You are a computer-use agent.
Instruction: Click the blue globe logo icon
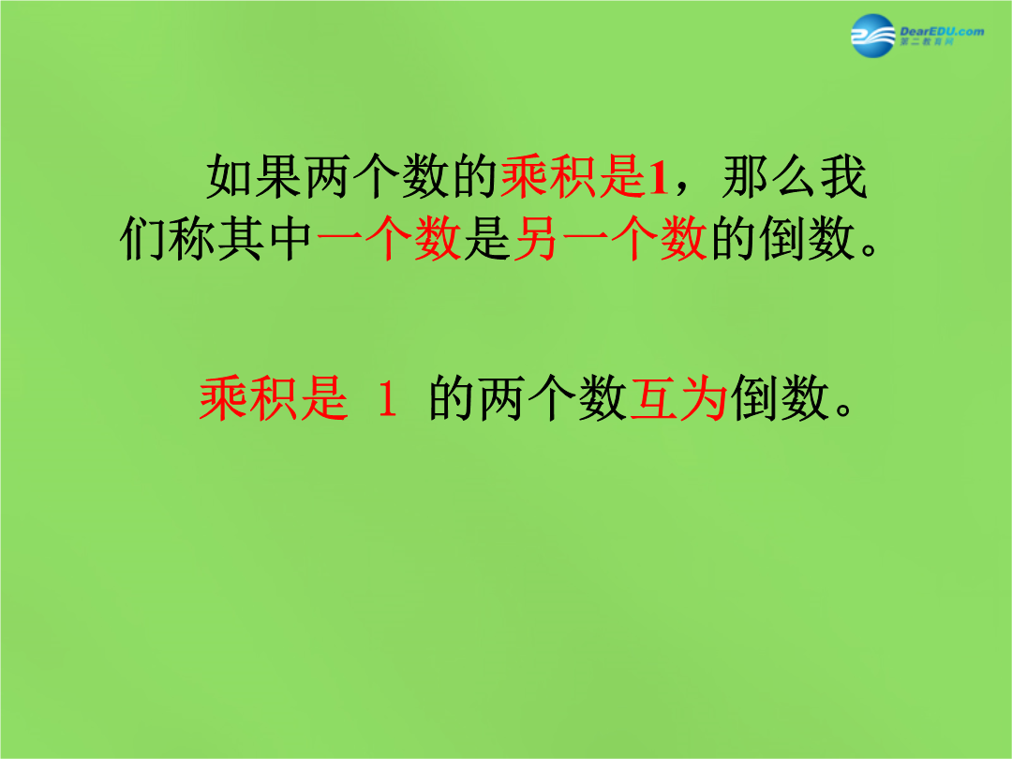(x=873, y=36)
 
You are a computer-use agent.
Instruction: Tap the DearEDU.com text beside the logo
(x=942, y=31)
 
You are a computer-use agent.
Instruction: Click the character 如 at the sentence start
(x=230, y=176)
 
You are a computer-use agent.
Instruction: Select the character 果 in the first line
(x=278, y=176)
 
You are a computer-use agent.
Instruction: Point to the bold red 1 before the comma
(x=658, y=177)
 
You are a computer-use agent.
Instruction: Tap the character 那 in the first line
(x=747, y=176)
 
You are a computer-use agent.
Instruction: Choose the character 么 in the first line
(x=796, y=176)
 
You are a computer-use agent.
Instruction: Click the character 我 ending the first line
(x=844, y=176)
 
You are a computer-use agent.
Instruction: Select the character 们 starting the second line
(x=143, y=239)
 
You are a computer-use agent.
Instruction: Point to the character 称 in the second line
(x=192, y=239)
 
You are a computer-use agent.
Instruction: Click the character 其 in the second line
(x=242, y=239)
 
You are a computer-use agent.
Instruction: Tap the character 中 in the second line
(x=290, y=239)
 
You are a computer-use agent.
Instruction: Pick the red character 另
(x=536, y=239)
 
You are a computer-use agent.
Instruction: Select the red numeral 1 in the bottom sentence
(x=387, y=399)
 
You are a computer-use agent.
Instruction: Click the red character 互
(x=654, y=399)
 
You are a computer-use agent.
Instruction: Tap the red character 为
(x=704, y=399)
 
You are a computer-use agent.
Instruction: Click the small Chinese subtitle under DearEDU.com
(x=926, y=42)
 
